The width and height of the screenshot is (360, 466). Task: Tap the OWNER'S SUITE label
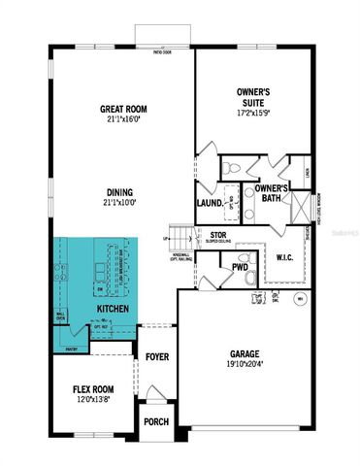(253, 97)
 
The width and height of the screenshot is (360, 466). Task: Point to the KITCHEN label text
(112, 309)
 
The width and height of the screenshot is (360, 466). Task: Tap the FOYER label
(157, 357)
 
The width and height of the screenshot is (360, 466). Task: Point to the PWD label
(240, 265)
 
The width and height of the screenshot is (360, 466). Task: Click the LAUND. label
(210, 203)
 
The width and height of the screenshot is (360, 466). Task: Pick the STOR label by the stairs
(218, 234)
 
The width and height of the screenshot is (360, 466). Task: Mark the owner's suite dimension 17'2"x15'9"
(253, 114)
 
